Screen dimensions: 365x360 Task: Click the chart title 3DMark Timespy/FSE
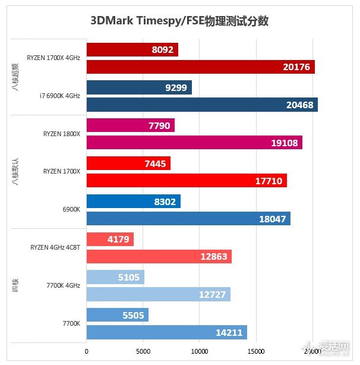pos(179,21)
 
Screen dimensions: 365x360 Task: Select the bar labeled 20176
pos(200,67)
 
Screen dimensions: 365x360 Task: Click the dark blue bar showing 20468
pos(202,105)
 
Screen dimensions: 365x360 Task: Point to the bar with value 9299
pos(139,88)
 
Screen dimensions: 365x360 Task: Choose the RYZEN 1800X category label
pos(61,134)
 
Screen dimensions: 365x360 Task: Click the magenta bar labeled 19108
pos(194,143)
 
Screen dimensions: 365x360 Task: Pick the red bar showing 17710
pos(187,180)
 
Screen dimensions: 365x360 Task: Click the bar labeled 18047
pos(188,218)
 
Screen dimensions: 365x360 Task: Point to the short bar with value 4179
pos(110,240)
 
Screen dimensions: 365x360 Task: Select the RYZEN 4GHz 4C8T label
pos(55,247)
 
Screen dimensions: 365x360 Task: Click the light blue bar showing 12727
pos(158,294)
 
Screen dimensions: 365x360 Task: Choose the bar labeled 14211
pos(166,332)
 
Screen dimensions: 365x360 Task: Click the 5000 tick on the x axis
pos(143,352)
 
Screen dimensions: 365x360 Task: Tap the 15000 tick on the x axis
pos(255,352)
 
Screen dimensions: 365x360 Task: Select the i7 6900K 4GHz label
pos(59,96)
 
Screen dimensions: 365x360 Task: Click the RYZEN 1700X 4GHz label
pos(53,58)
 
